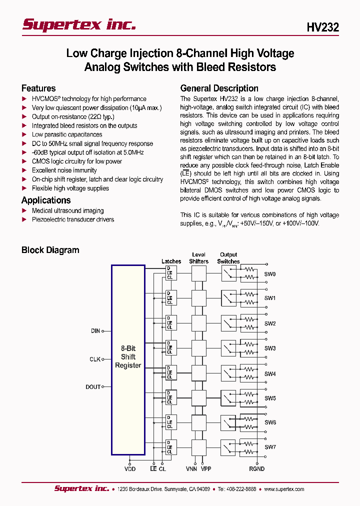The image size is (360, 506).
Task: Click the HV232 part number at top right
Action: coord(323,28)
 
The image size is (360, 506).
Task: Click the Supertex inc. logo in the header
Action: coord(79,24)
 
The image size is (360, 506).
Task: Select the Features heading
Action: coord(38,88)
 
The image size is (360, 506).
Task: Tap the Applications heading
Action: coord(46,200)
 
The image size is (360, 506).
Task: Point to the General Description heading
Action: coord(219,88)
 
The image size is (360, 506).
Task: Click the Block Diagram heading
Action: coord(50,250)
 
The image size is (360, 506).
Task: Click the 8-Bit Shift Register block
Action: coord(128,356)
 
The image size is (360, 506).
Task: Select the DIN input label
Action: coord(95,331)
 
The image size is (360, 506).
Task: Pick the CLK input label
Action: coord(95,359)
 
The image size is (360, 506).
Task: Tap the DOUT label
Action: coord(93,386)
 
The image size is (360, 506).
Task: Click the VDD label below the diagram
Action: coord(130,469)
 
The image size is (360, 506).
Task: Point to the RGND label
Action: coord(256,469)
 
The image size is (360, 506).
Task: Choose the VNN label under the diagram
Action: coord(191,469)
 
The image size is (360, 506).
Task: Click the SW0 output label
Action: coord(270,274)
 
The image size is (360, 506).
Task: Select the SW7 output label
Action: coord(270,446)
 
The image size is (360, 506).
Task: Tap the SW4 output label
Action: coord(270,373)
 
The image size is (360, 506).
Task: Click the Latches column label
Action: coord(171,261)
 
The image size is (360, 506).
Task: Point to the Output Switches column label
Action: coord(228,258)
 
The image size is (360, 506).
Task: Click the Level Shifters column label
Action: coord(198,258)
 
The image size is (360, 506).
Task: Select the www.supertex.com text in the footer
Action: coord(284,489)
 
